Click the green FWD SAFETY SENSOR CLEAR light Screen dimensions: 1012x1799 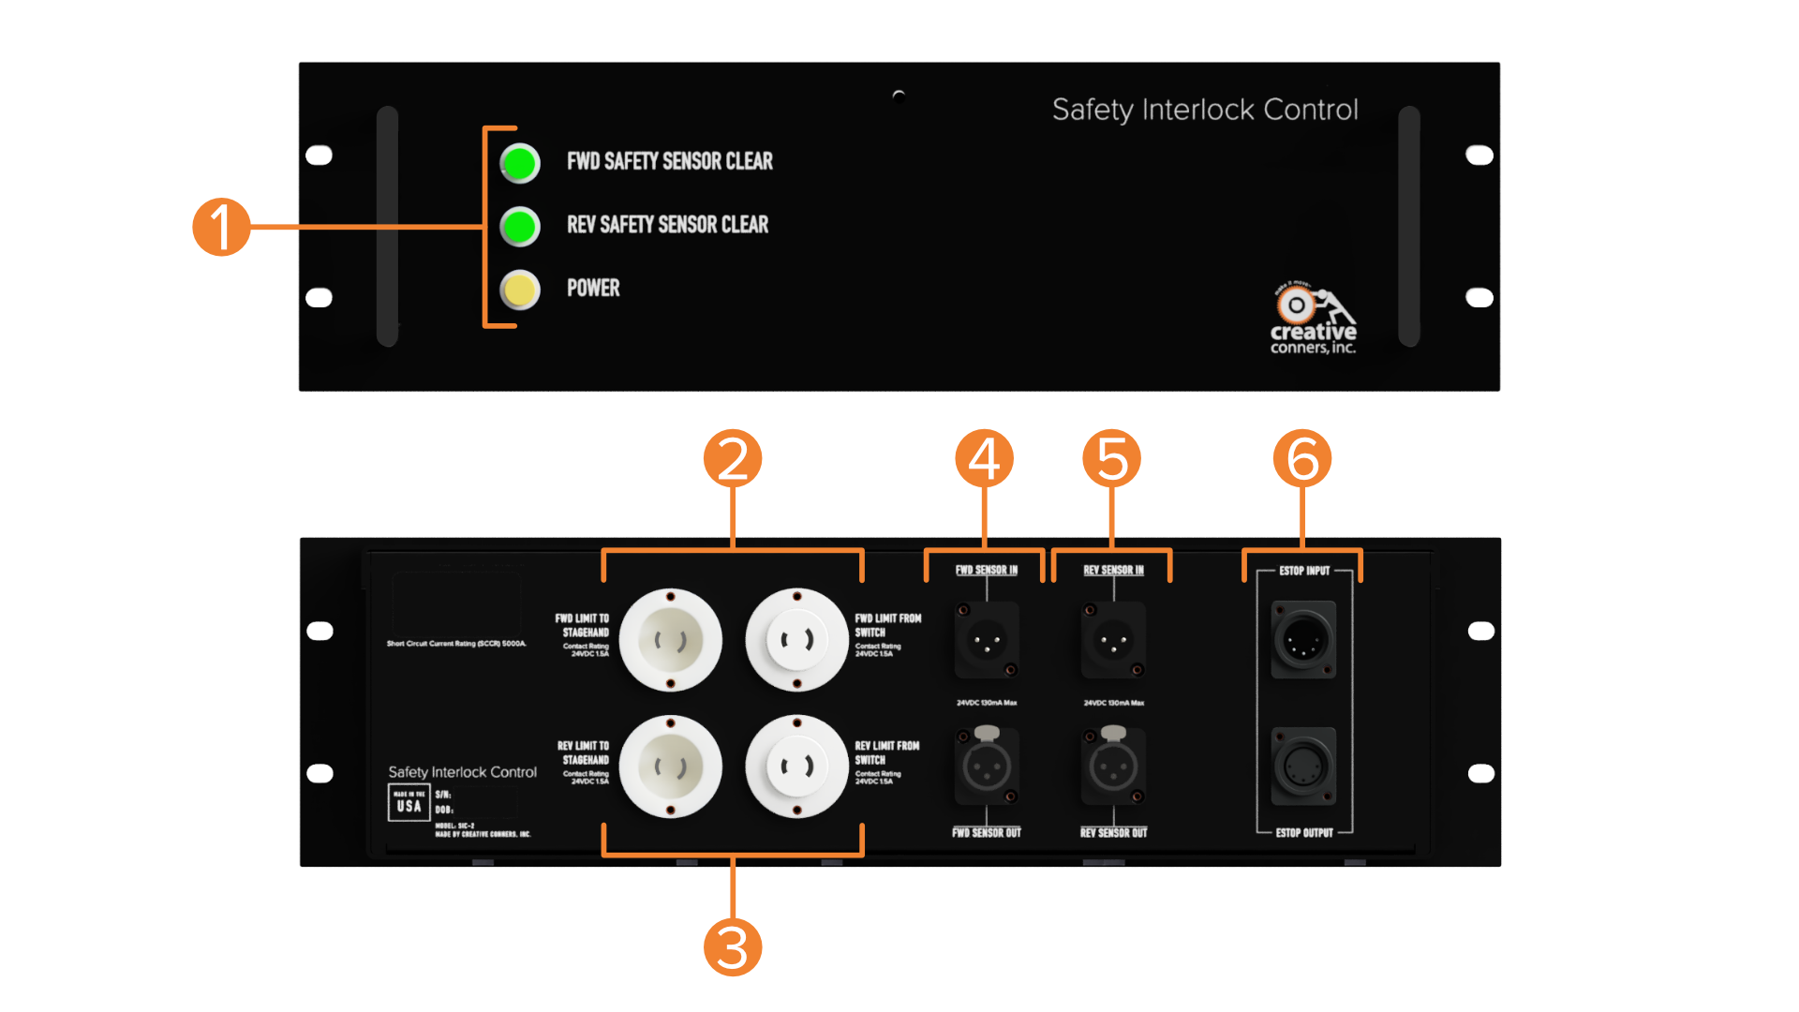[520, 163]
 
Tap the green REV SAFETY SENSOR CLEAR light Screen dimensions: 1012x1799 [520, 227]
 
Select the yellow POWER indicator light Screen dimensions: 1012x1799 [520, 290]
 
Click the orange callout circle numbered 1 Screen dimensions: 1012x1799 [221, 227]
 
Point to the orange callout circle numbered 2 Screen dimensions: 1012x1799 [733, 458]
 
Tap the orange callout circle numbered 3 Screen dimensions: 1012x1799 [733, 947]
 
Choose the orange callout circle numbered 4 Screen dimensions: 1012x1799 [984, 458]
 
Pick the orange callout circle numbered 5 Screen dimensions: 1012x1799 [1111, 458]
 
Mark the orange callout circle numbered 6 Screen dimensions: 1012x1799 [1302, 458]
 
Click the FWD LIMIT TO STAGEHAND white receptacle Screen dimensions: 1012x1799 [670, 641]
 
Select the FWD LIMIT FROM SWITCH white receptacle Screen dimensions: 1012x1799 [796, 641]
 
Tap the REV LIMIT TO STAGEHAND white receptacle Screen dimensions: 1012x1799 [670, 767]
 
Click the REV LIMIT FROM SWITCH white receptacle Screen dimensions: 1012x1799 [796, 767]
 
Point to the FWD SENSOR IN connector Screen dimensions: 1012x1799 [986, 642]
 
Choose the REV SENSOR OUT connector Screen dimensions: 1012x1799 [1113, 768]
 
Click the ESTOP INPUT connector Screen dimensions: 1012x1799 [1303, 641]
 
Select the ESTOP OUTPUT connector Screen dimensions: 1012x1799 [1303, 767]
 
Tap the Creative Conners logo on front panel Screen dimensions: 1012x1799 [1313, 319]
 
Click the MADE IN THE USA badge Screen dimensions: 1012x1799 [409, 802]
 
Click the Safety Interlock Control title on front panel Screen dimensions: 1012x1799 [1205, 110]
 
